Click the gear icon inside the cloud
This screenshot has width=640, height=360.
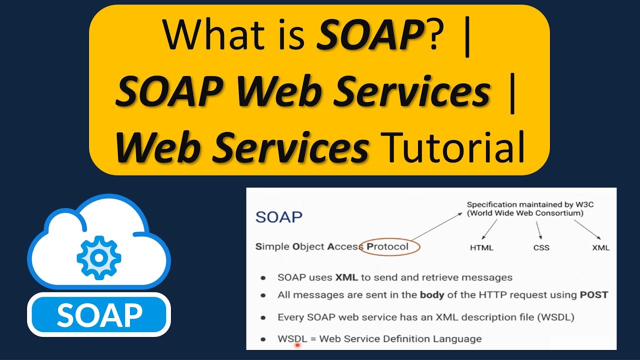[x=98, y=257]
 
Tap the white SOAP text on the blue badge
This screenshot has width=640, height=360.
[x=99, y=315]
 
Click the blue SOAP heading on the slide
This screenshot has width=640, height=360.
[x=278, y=217]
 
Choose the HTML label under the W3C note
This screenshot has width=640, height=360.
[x=481, y=247]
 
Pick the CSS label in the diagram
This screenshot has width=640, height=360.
[x=541, y=247]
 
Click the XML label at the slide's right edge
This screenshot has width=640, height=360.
[x=600, y=247]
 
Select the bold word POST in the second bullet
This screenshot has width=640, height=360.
[x=593, y=295]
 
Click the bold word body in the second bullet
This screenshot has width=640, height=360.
[x=432, y=295]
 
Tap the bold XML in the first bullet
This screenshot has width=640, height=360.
[x=346, y=277]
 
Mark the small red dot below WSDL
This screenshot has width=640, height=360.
[x=297, y=345]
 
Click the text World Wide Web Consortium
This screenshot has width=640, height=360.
[x=525, y=213]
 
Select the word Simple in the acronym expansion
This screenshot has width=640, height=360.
[x=272, y=246]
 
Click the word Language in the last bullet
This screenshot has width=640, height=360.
[x=459, y=339]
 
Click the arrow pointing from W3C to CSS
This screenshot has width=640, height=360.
[x=538, y=229]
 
